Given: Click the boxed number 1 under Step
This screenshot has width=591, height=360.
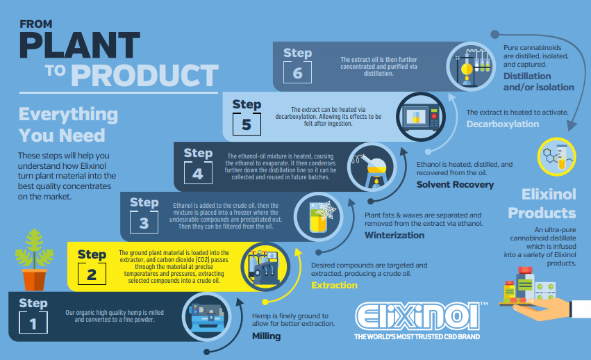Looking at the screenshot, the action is (x=33, y=322).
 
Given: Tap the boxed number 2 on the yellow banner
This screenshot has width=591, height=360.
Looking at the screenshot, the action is (x=92, y=274).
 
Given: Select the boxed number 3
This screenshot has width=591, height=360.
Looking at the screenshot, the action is (x=144, y=222).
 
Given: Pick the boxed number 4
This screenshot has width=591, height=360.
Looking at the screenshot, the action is (x=198, y=173).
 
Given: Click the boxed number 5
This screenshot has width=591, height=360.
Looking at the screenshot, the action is (x=247, y=124).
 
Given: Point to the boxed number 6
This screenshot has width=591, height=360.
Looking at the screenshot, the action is (x=297, y=72).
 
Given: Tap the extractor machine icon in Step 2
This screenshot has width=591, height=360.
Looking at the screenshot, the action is (x=265, y=266).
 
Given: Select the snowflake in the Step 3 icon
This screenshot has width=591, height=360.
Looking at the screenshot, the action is (x=326, y=210).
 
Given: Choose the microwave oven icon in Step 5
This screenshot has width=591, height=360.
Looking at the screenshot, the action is (x=421, y=117).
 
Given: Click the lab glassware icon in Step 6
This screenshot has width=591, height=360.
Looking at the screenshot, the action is (x=471, y=67).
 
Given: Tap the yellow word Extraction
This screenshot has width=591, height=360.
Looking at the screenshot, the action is (x=334, y=285).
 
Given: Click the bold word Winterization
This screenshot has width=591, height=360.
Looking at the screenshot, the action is (x=394, y=235).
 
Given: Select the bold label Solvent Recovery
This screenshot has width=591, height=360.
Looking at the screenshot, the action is (x=455, y=185).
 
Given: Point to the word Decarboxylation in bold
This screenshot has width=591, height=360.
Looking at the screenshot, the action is (x=503, y=124).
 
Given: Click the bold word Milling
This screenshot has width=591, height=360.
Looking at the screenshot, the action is (x=267, y=336).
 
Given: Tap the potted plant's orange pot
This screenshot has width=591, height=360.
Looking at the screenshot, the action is (x=34, y=279).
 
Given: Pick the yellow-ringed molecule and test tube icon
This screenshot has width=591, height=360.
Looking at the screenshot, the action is (x=557, y=156).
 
